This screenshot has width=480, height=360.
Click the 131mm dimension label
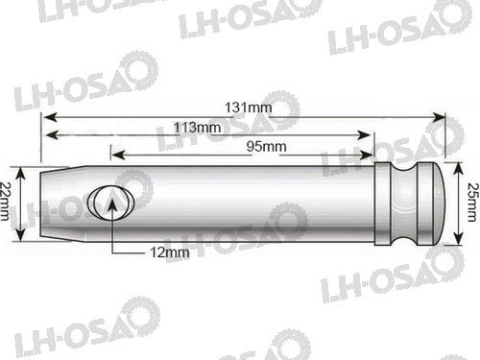249,108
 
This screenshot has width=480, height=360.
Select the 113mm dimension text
197,128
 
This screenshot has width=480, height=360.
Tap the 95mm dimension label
266,147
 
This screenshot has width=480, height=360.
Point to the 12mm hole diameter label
170,252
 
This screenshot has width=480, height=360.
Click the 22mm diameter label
5,202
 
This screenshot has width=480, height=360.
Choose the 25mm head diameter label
473,203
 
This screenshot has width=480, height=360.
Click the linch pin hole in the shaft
110,204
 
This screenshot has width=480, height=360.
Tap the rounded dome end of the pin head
439,204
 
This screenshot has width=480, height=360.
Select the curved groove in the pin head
404,204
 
